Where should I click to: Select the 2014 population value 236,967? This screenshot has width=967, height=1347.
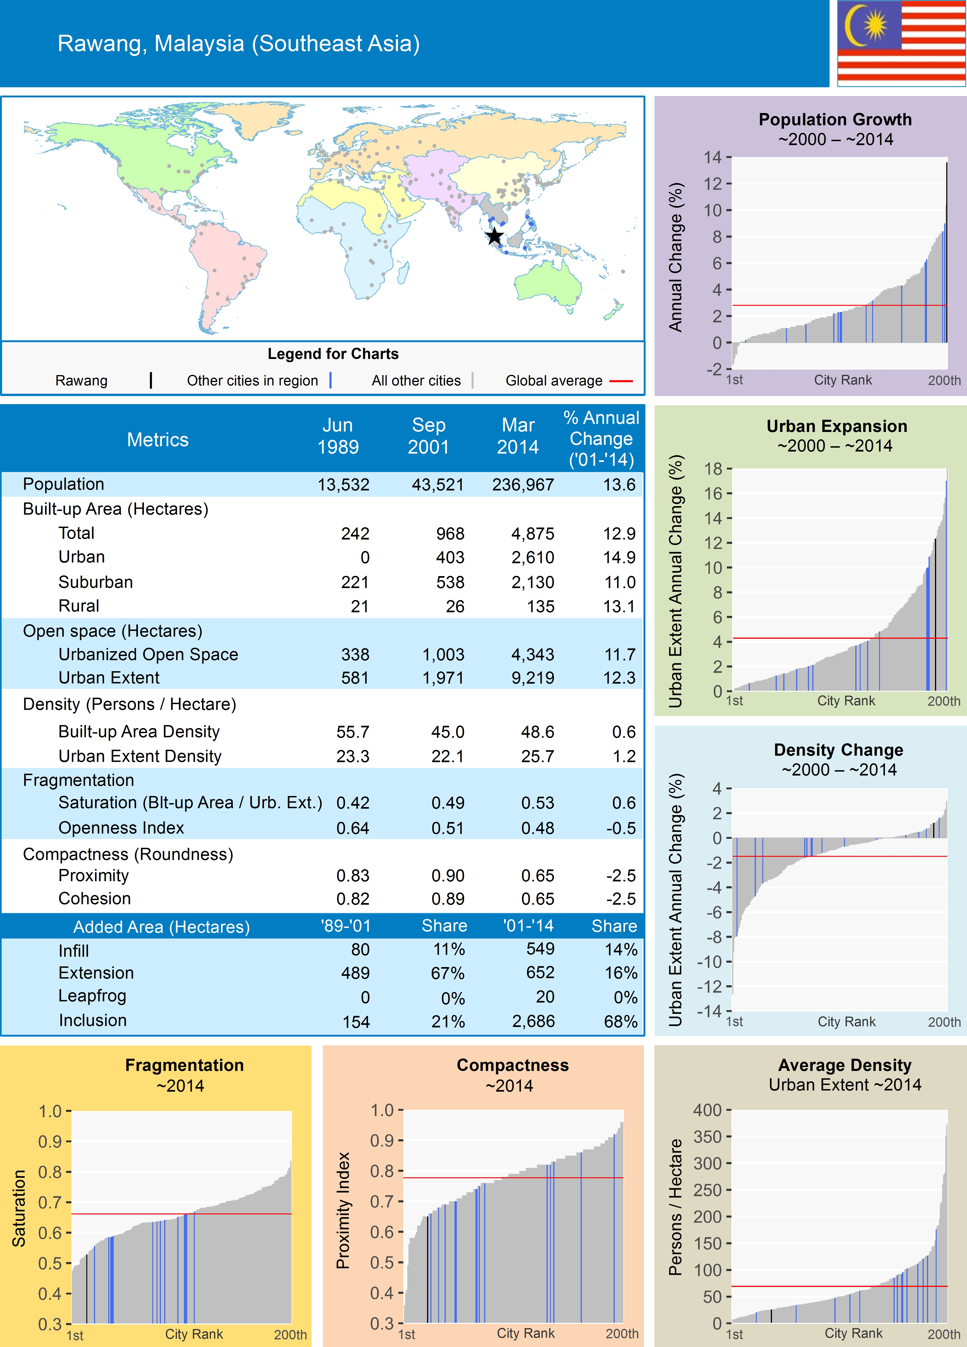[x=523, y=485]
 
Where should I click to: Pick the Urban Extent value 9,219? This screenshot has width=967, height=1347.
[x=533, y=678]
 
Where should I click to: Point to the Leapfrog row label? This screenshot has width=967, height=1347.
[x=92, y=996]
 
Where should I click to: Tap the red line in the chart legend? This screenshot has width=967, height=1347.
[x=621, y=381]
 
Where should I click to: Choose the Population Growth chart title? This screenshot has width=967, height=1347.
[x=835, y=119]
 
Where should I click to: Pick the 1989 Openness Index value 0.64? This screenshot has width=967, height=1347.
[x=353, y=828]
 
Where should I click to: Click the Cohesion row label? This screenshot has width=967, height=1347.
[x=94, y=899]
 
